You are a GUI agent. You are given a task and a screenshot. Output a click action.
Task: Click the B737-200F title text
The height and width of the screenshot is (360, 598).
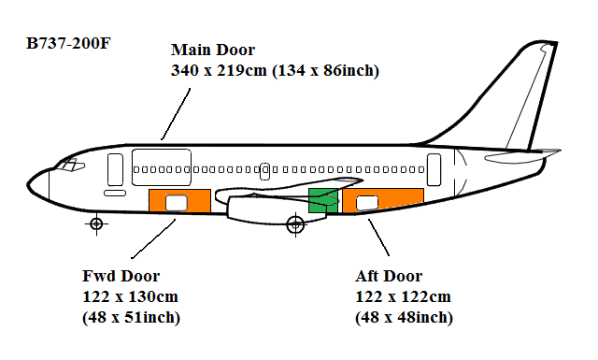pos(68,44)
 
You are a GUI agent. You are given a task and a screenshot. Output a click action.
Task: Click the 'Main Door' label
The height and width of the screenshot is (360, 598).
pos(212,50)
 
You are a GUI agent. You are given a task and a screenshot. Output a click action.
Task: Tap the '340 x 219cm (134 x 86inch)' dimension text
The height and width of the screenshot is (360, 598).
pos(275,70)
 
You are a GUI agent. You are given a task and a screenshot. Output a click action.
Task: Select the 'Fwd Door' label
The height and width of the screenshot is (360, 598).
pos(121,276)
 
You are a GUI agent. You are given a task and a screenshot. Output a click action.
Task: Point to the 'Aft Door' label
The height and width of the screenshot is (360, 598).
pos(389,276)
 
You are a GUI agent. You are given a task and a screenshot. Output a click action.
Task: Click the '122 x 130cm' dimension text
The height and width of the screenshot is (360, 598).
pos(131,296)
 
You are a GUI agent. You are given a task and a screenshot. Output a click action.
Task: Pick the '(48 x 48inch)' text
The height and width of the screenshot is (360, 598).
pos(404,318)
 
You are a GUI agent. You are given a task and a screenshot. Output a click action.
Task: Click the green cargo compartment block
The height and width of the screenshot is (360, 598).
pos(322,200)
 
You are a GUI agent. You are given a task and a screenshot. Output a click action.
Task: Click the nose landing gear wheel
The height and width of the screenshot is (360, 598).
pos(95,223)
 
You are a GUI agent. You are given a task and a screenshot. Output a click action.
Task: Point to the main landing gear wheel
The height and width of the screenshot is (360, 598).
pos(295,223)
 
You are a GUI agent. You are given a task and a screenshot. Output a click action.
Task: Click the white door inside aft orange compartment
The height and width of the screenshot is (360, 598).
pos(366,201)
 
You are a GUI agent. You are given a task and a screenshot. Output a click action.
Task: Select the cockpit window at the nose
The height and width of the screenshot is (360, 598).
pos(68,166)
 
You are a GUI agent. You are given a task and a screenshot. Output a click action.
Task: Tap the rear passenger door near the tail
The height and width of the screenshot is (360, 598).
pos(434,168)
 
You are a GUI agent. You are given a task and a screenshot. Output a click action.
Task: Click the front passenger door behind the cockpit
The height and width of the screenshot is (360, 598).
pos(115,169)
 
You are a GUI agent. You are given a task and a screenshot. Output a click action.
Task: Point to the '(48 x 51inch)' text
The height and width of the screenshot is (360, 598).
pos(132,318)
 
